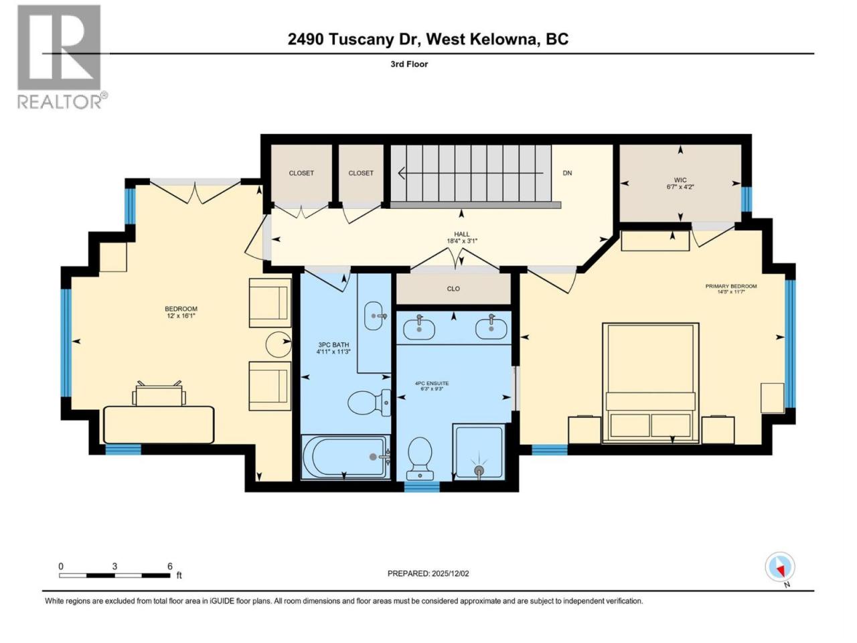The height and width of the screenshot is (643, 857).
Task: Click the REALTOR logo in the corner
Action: click(x=62, y=57)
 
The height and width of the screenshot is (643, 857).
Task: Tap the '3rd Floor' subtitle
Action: click(x=409, y=64)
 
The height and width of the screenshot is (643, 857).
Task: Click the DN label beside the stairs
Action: click(x=567, y=173)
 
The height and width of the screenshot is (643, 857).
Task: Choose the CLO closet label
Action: click(x=453, y=289)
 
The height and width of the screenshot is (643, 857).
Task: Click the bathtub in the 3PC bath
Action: click(x=345, y=455)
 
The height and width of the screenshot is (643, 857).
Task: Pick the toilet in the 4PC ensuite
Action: click(x=420, y=458)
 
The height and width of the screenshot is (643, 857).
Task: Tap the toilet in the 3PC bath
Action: click(x=369, y=403)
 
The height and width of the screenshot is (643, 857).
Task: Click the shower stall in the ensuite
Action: click(x=479, y=451)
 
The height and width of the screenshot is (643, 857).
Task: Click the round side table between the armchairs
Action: click(x=279, y=344)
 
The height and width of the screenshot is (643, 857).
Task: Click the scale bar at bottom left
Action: click(x=114, y=575)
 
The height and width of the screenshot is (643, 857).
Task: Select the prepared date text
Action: click(x=428, y=573)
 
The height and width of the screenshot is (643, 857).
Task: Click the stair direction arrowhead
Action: click(x=401, y=173)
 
